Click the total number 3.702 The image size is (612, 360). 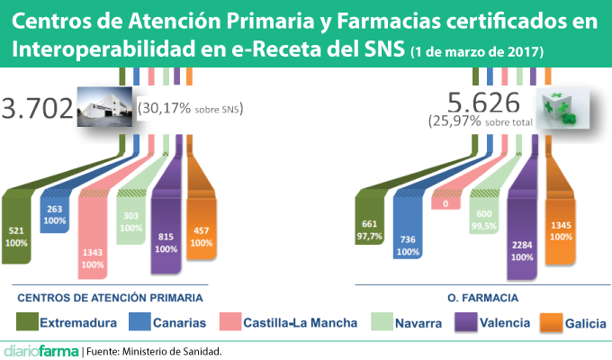37,110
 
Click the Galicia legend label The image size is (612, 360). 584,322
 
